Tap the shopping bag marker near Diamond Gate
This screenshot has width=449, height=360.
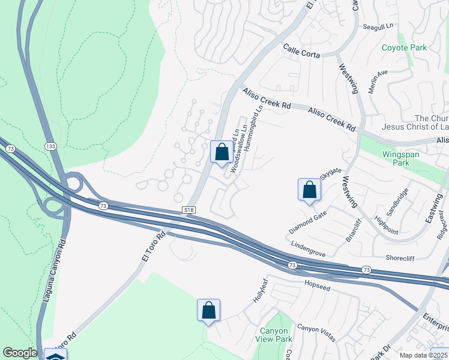tap(309, 190)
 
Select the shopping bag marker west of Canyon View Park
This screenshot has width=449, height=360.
tap(208, 310)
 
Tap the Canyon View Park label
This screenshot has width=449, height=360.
tap(274, 335)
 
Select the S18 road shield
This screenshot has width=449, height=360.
tap(189, 209)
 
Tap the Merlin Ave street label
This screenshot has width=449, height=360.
tap(379, 77)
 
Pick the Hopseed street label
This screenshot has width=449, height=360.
tap(318, 281)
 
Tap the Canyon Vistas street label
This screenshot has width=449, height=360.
tap(316, 332)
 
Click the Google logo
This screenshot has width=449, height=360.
tap(20, 353)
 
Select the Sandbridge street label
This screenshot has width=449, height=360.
tap(397, 201)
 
